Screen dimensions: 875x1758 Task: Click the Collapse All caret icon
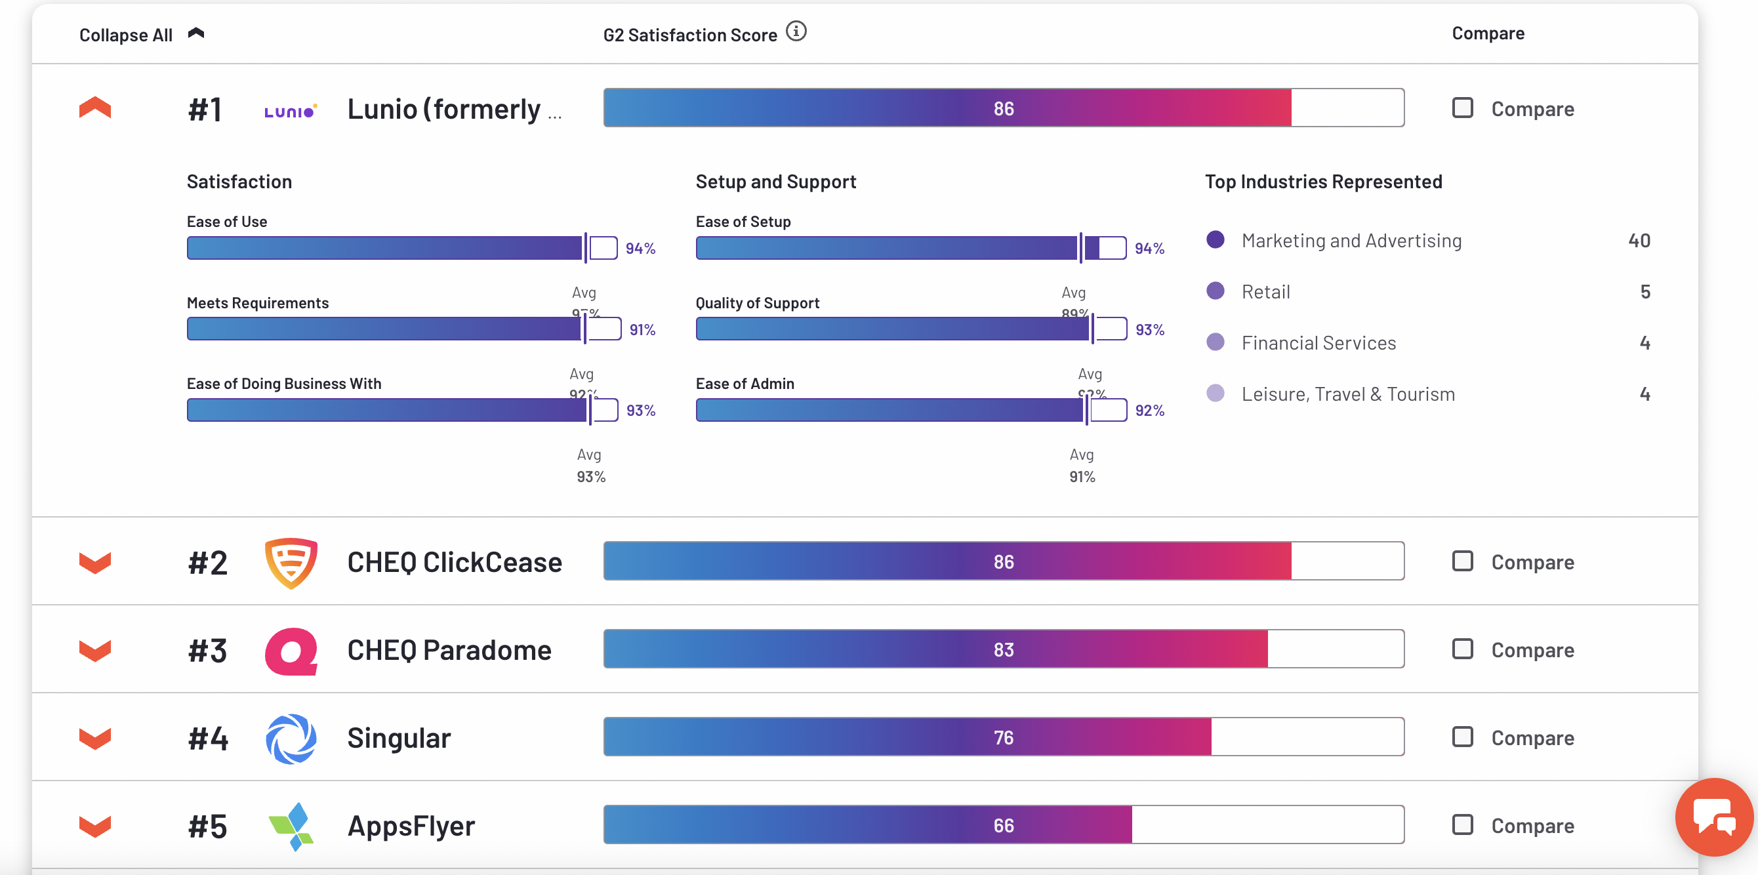196,33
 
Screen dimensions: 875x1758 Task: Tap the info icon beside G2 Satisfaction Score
796,31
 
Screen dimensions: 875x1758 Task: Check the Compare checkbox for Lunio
1462,108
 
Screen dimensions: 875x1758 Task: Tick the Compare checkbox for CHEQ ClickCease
1462,561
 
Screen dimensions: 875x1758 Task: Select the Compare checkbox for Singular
1462,737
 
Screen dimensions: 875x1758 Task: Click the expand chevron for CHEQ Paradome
95,650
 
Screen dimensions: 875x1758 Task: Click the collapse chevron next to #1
95,108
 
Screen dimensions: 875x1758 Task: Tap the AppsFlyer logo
291,826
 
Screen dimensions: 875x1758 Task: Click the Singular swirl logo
291,738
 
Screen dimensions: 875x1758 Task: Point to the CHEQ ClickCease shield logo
291,562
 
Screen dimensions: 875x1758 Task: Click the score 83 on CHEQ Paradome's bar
1003,650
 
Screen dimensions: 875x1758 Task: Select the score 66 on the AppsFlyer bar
1003,826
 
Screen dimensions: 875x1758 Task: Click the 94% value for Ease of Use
640,249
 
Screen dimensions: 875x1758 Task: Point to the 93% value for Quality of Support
1150,330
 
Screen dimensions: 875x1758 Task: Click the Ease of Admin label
745,384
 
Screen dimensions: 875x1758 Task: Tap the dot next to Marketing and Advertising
1216,239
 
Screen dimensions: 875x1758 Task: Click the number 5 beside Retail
1645,292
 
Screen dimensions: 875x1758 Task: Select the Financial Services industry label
1318,342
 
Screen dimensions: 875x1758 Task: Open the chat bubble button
1713,817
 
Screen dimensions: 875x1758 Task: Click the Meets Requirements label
257,303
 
